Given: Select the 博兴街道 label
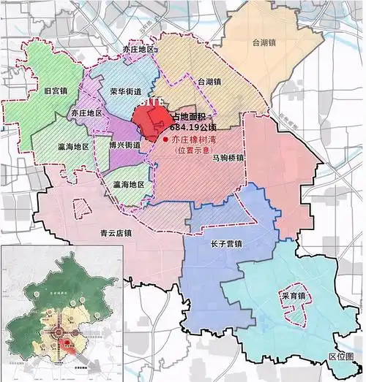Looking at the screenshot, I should (124, 146).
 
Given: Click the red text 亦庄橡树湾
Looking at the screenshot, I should (196, 138).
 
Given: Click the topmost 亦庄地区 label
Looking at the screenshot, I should (139, 48).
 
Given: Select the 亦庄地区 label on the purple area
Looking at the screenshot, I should (86, 114).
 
